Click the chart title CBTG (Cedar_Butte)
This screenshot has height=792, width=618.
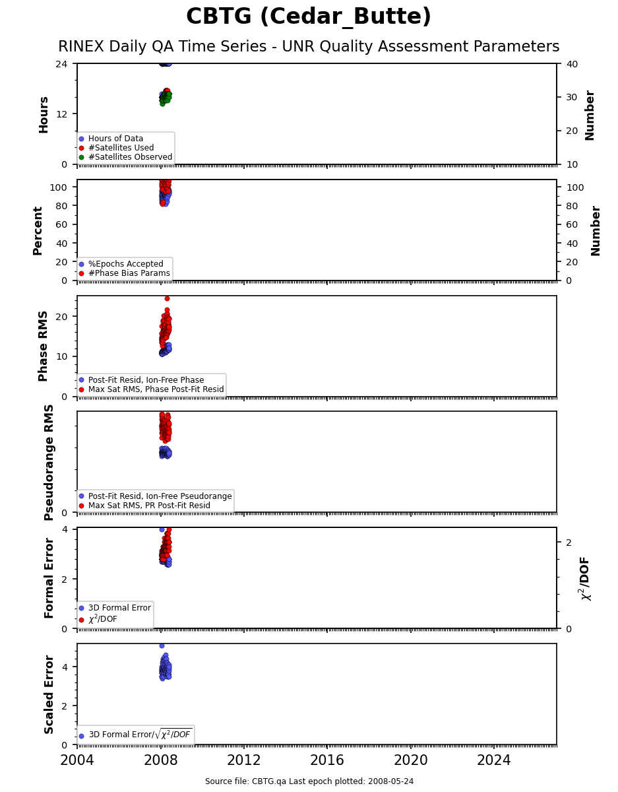(309, 16)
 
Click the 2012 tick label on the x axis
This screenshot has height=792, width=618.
(243, 760)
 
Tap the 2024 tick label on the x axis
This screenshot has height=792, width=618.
(494, 760)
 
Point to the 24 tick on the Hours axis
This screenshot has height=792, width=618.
(61, 64)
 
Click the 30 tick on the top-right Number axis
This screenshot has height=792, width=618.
(572, 97)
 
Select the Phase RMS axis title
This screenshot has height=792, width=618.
(43, 346)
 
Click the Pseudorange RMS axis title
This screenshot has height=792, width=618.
(49, 463)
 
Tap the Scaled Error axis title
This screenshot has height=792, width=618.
(49, 695)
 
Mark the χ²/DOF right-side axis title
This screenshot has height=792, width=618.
(585, 578)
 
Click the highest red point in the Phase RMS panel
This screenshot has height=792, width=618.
(167, 298)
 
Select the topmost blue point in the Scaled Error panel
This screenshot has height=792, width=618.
(162, 646)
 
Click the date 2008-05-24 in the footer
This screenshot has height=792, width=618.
(390, 781)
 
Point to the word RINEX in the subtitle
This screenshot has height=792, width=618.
(82, 47)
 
